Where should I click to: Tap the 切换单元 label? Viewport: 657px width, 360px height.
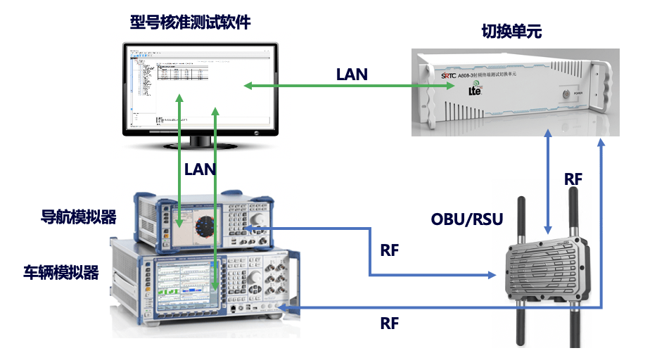coord(511,31)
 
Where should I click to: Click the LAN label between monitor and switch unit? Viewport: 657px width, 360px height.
coord(352,73)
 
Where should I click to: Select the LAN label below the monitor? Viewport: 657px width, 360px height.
coord(200,169)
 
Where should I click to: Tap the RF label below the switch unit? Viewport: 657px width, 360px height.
coord(573,179)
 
